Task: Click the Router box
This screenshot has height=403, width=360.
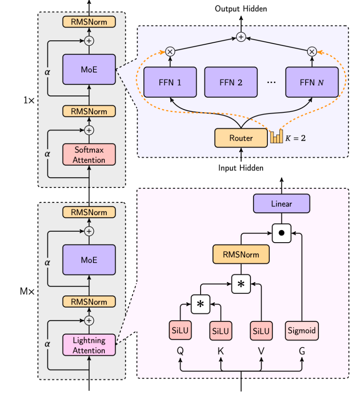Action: pos(241,138)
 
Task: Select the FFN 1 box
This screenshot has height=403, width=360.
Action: pos(170,83)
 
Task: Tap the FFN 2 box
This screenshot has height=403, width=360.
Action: pos(231,83)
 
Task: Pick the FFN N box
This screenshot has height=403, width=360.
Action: pos(312,83)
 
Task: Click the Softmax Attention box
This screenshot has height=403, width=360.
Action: pos(89,155)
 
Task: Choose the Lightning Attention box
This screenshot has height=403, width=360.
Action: pos(89,345)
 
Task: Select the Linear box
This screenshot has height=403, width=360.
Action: pos(281,204)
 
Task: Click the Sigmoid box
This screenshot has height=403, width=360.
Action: pos(302,331)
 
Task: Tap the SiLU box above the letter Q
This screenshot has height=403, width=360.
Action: pos(180,331)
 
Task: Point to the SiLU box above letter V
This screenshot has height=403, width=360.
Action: pos(261,331)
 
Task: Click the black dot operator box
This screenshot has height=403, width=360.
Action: pos(281,233)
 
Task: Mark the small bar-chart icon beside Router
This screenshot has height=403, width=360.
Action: pos(277,137)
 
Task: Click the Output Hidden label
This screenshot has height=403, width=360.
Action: pos(241,8)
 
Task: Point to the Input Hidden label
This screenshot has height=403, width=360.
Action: pos(241,168)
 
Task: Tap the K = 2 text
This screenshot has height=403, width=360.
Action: pos(296,138)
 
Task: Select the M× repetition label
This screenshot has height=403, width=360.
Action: pos(27,291)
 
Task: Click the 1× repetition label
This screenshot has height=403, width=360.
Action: pos(29,100)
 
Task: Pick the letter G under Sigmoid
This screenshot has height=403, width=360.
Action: pos(302,351)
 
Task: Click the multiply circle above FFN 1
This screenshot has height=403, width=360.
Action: pos(170,52)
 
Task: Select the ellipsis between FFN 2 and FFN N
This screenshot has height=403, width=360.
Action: pos(271,83)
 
